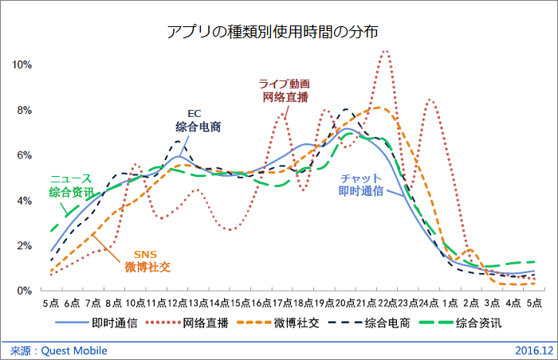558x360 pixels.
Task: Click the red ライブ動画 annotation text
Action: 283,84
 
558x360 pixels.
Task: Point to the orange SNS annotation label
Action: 143,253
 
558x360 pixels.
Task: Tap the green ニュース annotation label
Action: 70,178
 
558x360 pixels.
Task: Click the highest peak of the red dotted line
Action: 386,52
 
